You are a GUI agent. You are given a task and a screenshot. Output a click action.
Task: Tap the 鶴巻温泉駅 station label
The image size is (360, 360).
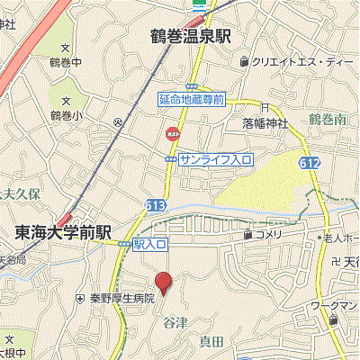pos(191,36)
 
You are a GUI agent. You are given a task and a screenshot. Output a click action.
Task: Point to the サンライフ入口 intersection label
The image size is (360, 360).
pos(215,158)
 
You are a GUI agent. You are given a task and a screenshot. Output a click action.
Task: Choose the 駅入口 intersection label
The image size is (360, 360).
pos(150,244)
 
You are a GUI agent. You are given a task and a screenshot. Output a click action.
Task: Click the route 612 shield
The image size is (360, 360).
pos(309,162)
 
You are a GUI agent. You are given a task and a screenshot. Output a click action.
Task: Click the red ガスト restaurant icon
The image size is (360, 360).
pos(171,133)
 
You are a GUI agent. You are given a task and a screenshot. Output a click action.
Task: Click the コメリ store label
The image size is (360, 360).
pos(267,235)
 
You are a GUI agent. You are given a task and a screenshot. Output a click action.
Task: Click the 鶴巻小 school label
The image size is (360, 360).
pos(66,115)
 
